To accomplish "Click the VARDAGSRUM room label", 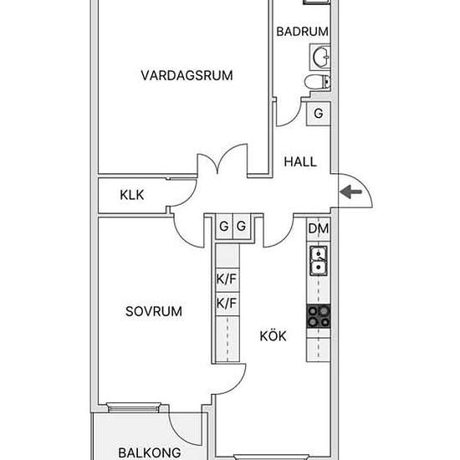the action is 187,75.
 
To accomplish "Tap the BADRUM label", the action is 303,32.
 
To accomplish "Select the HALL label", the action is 300,162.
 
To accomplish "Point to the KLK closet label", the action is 132,195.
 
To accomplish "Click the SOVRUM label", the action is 154,311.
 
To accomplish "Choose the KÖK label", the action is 273,335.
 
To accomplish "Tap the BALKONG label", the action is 150,452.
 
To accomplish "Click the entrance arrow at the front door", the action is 351,192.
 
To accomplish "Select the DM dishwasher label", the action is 319,228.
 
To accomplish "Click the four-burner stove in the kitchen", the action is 319,316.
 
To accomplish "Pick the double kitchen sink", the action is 319,260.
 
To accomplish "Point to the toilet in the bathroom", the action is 318,82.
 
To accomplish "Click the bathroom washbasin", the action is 320,57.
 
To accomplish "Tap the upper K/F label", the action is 227,279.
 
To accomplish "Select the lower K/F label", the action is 227,303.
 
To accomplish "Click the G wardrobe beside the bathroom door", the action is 319,114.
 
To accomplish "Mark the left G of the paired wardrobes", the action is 224,226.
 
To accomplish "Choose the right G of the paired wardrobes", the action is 241,226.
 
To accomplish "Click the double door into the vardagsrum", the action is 222,161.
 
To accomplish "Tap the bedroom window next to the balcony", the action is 134,407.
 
